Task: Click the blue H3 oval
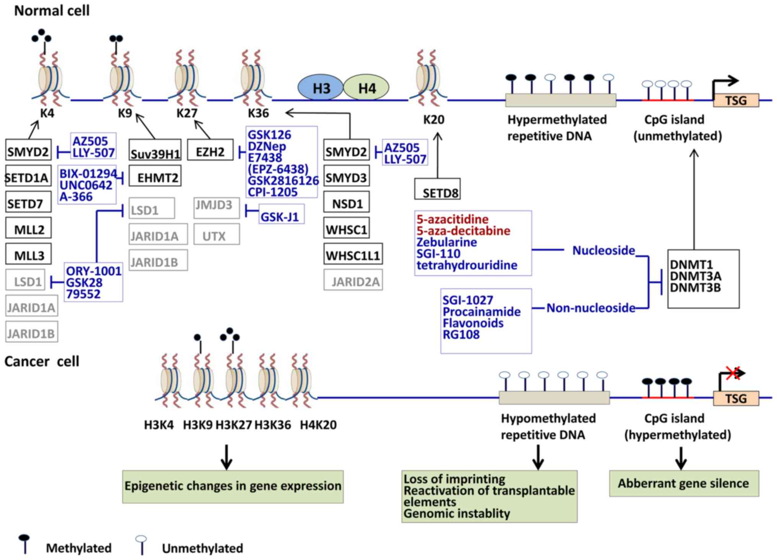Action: pos(321,88)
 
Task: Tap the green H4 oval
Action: pos(366,88)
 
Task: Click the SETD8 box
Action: pos(437,189)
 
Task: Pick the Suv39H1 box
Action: pos(155,150)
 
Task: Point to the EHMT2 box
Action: pos(155,176)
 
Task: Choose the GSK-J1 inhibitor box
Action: pos(281,215)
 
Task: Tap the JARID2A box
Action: pos(353,280)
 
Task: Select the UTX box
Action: pos(217,234)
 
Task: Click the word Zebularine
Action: pos(446,242)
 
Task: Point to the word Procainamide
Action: pos(481,312)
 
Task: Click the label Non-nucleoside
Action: pos(590,308)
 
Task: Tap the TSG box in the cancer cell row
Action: pos(736,398)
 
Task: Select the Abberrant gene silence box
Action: pos(684,483)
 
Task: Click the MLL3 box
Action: pos(29,254)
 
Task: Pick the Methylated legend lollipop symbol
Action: pos(24,543)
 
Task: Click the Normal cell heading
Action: pos(52,10)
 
